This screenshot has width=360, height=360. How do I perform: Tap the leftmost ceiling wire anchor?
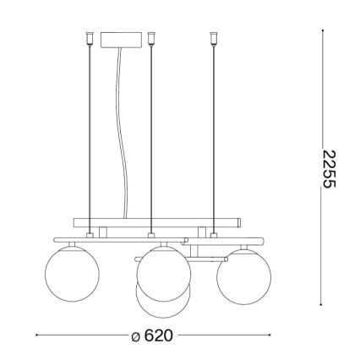[88, 39]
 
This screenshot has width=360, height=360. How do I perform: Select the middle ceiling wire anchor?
[150, 39]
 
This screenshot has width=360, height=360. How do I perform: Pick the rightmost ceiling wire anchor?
[211, 39]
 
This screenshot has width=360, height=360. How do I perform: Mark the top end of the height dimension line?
[325, 33]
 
